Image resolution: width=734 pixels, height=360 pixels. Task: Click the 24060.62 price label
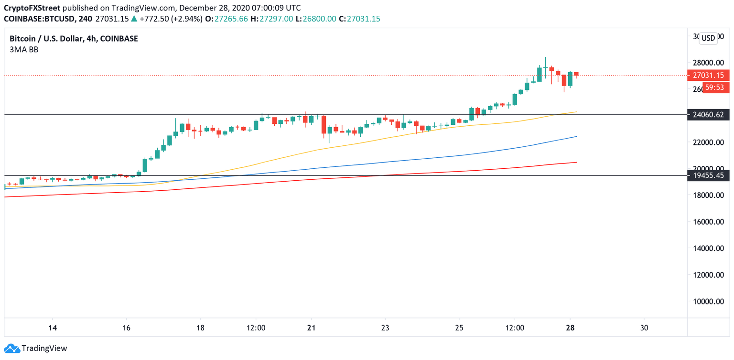point(708,115)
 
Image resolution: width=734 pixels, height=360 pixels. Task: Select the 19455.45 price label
point(708,176)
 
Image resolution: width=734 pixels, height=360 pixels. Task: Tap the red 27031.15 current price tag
point(708,76)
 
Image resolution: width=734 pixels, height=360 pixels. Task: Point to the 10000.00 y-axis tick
point(708,301)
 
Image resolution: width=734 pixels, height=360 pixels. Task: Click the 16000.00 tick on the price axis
point(708,222)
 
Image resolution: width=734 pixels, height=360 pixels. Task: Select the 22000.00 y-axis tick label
point(708,142)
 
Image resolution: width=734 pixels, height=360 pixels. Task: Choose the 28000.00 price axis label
point(708,63)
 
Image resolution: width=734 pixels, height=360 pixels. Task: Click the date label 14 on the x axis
point(53,328)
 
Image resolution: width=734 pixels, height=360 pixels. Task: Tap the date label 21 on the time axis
point(311,328)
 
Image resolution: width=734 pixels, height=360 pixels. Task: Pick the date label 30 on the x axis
point(644,328)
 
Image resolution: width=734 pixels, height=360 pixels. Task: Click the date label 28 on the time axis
point(570,328)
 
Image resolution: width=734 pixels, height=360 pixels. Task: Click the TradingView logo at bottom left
point(36,349)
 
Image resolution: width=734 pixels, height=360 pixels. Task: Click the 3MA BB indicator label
point(24,49)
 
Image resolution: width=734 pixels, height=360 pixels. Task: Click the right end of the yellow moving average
point(576,112)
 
